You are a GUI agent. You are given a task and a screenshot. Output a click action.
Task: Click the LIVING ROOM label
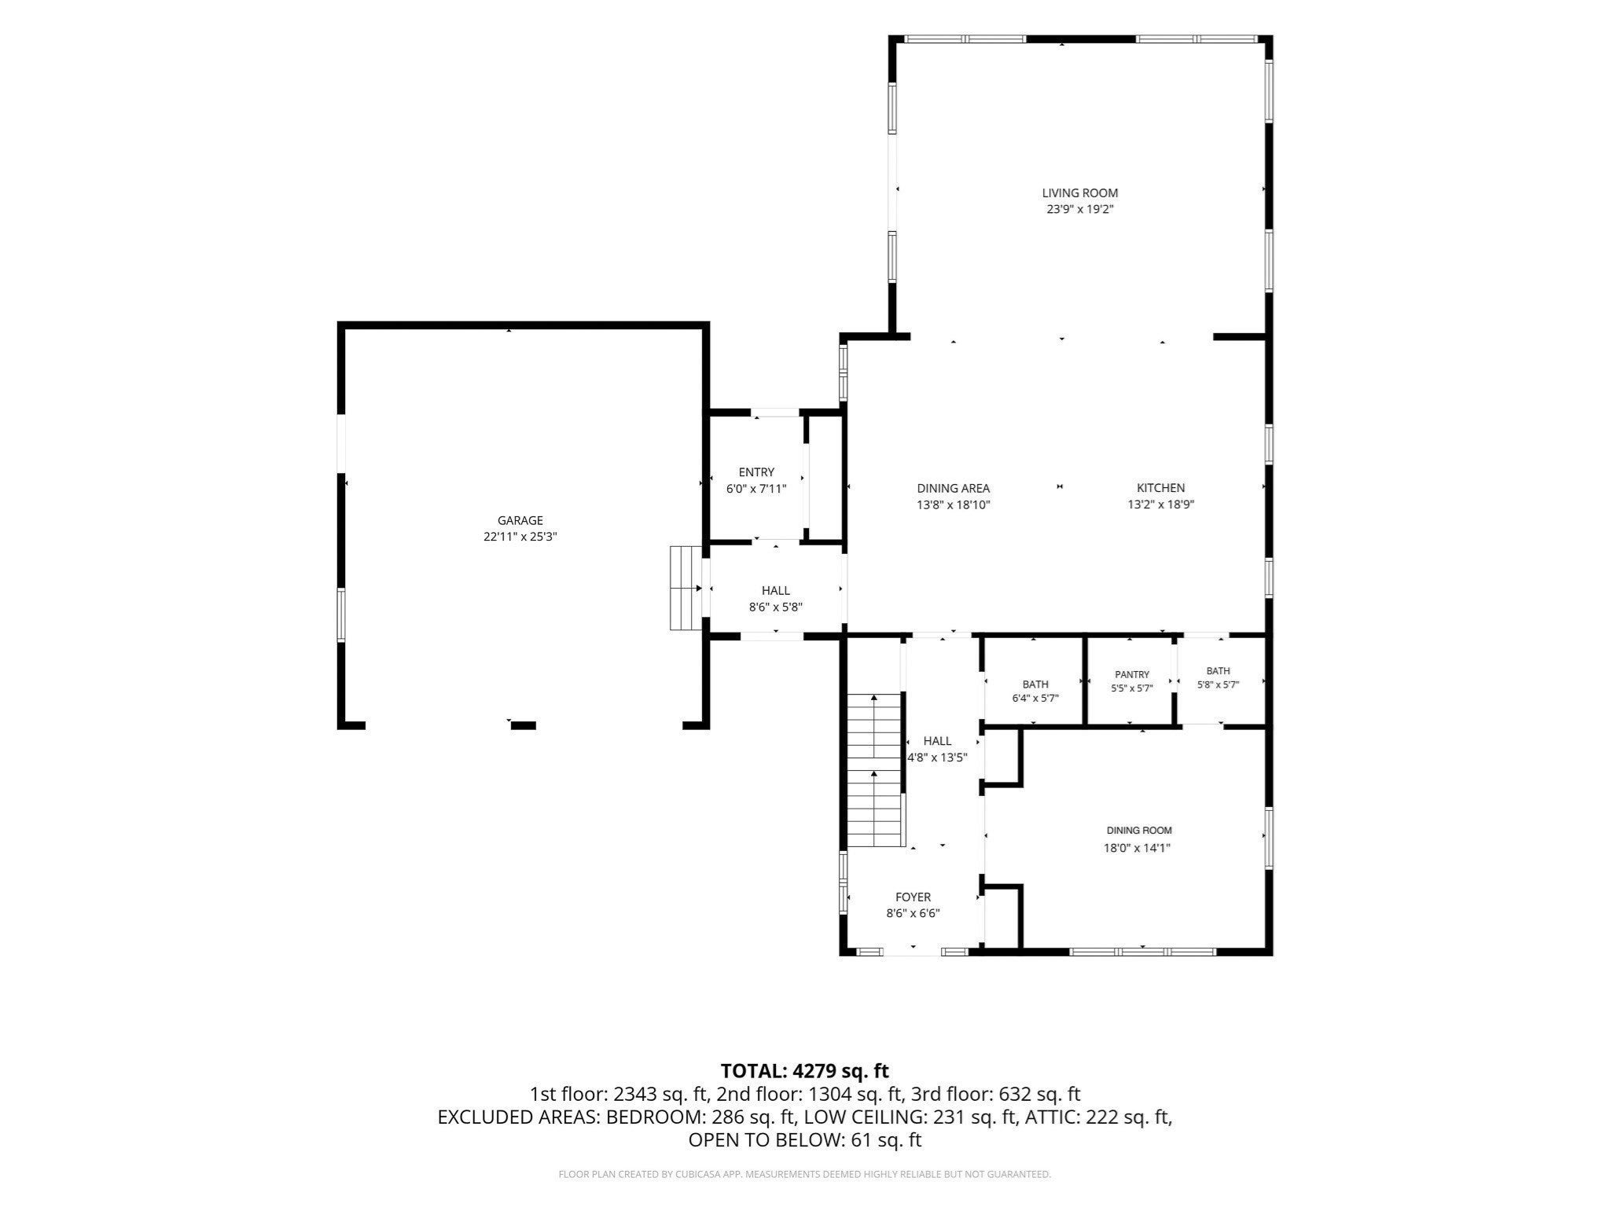tap(1079, 193)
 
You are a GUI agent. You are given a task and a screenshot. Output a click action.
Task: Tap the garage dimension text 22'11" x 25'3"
tap(520, 537)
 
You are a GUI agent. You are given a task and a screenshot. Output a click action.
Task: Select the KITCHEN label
tap(1160, 488)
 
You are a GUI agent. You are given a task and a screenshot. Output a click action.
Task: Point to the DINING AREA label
tap(953, 488)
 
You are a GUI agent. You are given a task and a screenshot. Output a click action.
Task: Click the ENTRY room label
tap(756, 472)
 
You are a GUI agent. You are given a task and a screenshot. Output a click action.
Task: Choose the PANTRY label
tap(1132, 674)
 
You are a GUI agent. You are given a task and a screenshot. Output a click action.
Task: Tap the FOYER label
tap(913, 897)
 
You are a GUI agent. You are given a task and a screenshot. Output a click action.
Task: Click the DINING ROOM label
tap(1139, 830)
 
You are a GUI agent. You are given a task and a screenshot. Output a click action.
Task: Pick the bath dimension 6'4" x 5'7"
tap(1035, 698)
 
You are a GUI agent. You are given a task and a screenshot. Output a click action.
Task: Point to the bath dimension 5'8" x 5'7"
tap(1218, 684)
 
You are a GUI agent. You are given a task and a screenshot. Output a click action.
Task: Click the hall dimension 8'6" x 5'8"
tap(775, 607)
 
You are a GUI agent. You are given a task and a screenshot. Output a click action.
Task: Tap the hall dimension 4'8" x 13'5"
tap(937, 758)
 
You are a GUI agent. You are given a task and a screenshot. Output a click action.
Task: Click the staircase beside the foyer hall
tap(873, 770)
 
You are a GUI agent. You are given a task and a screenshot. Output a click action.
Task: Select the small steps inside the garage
tap(685, 588)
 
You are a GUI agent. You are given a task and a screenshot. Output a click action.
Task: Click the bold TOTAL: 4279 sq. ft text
tap(805, 1070)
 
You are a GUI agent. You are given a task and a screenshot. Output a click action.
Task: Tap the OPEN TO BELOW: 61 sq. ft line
tap(805, 1139)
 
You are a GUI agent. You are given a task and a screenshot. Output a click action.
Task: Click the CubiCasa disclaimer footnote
tap(805, 1174)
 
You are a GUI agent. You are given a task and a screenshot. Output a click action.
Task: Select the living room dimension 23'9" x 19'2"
tap(1079, 210)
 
